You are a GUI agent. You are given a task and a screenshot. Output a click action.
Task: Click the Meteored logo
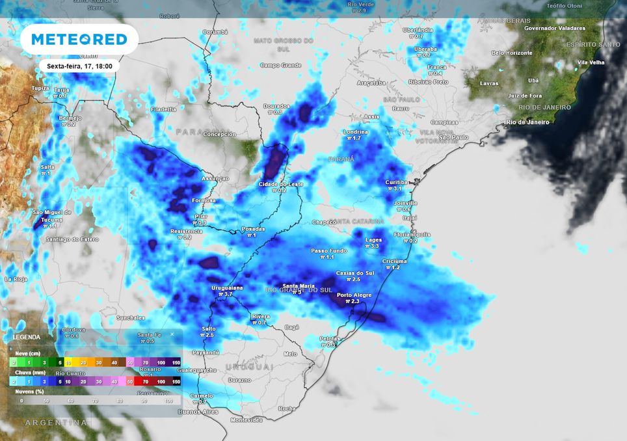pyautogui.click(x=79, y=40)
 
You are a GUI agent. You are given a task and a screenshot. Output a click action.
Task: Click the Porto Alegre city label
pyautogui.click(x=354, y=295)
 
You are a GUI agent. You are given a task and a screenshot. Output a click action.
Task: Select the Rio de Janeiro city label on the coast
pyautogui.click(x=528, y=122)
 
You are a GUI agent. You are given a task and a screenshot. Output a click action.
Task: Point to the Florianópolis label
pyautogui.click(x=412, y=234)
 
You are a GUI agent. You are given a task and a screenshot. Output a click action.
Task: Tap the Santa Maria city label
pyautogui.click(x=299, y=286)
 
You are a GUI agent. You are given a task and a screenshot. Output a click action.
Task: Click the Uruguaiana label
pyautogui.click(x=227, y=287)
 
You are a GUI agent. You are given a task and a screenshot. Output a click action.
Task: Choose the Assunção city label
pyautogui.click(x=215, y=178)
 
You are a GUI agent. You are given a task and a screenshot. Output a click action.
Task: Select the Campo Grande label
pyautogui.click(x=281, y=65)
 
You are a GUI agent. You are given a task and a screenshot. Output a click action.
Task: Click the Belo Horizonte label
pyautogui.click(x=512, y=53)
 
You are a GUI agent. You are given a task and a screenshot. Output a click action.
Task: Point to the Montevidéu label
pyautogui.click(x=247, y=420)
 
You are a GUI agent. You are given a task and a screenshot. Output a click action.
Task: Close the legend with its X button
pyautogui.click(x=172, y=334)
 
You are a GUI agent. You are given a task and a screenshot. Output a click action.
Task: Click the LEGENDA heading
pyautogui.click(x=27, y=337)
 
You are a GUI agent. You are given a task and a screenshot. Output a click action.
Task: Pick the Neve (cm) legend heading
pyautogui.click(x=27, y=353)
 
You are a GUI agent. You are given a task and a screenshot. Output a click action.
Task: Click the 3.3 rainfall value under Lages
pyautogui.click(x=375, y=246)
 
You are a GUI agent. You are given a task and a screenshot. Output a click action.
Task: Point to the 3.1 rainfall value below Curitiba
pyautogui.click(x=398, y=189)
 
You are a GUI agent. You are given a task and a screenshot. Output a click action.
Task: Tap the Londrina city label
pyautogui.click(x=355, y=132)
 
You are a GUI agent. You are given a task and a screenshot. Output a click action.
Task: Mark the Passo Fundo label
pyautogui.click(x=328, y=250)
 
